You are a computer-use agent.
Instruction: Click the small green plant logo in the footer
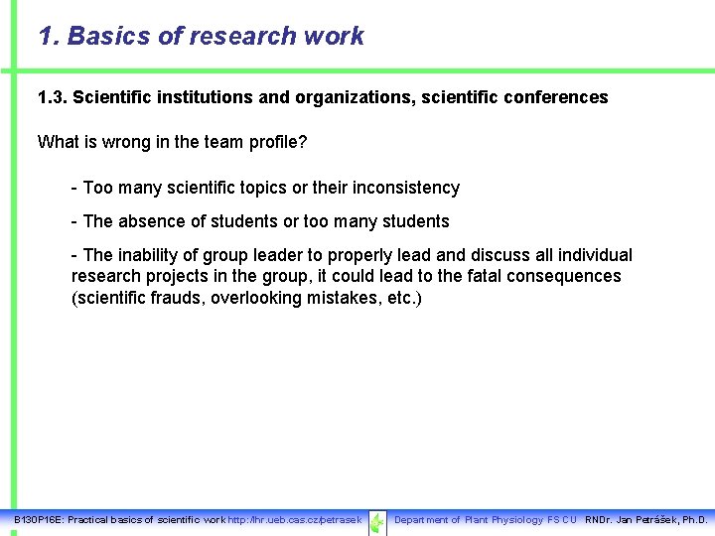point(377,521)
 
